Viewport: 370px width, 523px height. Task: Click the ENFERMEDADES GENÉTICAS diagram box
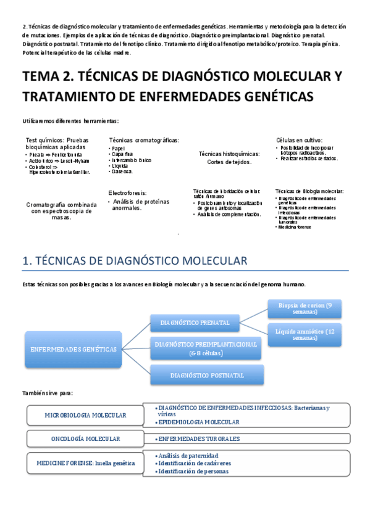click(74, 349)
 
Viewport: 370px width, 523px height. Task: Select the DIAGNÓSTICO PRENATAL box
click(195, 323)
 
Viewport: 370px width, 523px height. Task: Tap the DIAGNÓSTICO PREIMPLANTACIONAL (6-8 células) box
click(207, 349)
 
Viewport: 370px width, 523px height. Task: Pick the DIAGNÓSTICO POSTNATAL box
click(207, 374)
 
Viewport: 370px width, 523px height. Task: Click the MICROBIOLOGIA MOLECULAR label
click(85, 416)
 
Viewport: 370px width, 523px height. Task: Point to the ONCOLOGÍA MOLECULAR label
click(85, 439)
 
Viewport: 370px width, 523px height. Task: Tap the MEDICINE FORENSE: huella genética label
click(85, 463)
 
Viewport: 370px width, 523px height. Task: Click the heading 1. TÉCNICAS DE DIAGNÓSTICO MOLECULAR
click(135, 261)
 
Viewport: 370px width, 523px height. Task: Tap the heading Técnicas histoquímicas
click(229, 154)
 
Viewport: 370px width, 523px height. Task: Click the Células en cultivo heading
click(299, 140)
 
